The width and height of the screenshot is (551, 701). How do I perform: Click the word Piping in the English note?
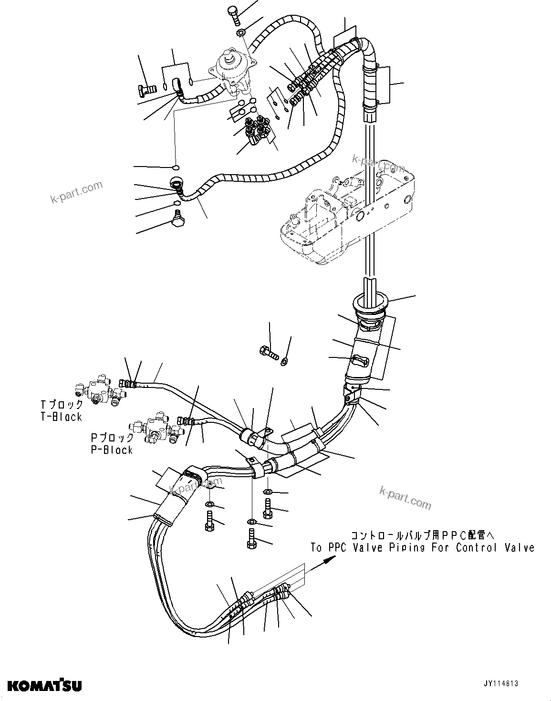[x=403, y=548]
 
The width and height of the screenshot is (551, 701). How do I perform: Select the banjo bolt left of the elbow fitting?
[x=147, y=89]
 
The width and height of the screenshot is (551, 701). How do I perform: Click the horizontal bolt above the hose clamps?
[x=268, y=354]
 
